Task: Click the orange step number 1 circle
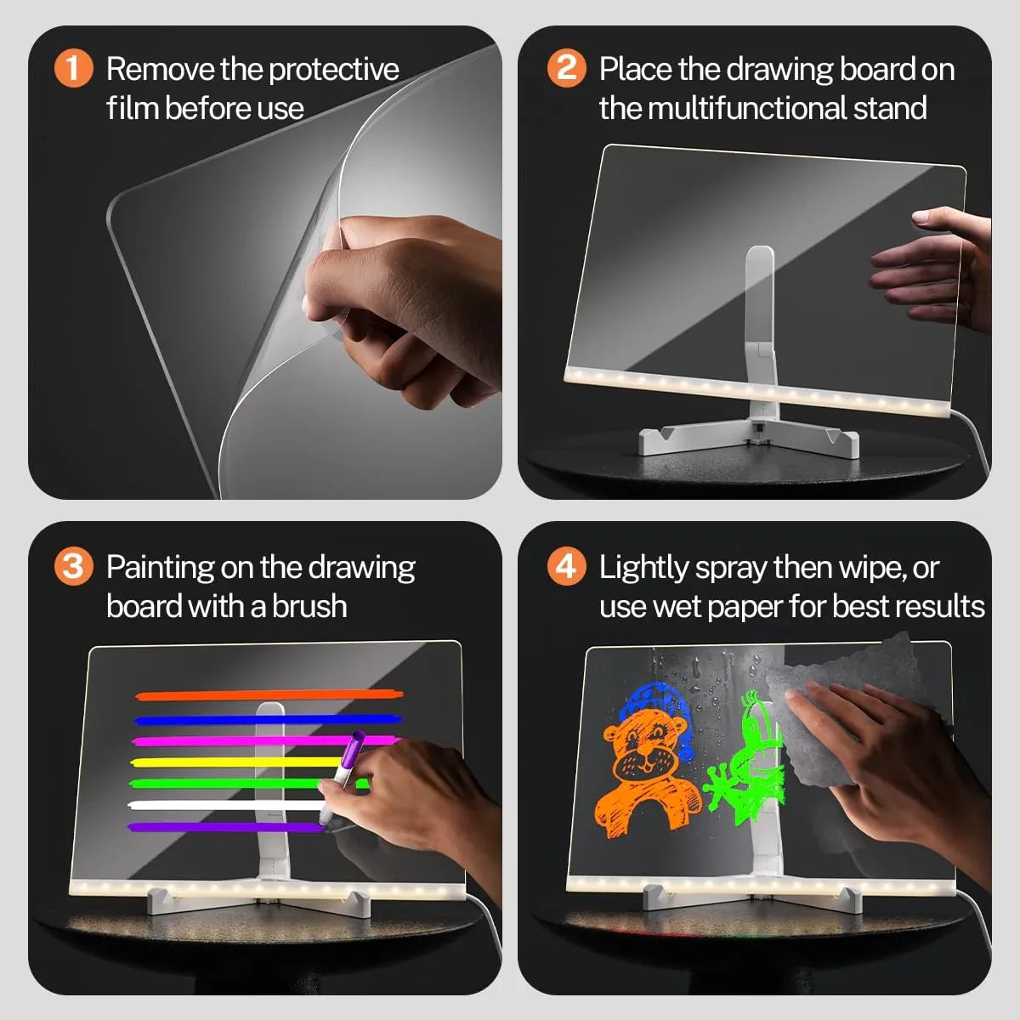74,68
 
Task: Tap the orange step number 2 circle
567,68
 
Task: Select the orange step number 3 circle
74,566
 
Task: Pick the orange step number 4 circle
567,566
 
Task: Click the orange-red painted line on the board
268,696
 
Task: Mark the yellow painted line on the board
229,762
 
